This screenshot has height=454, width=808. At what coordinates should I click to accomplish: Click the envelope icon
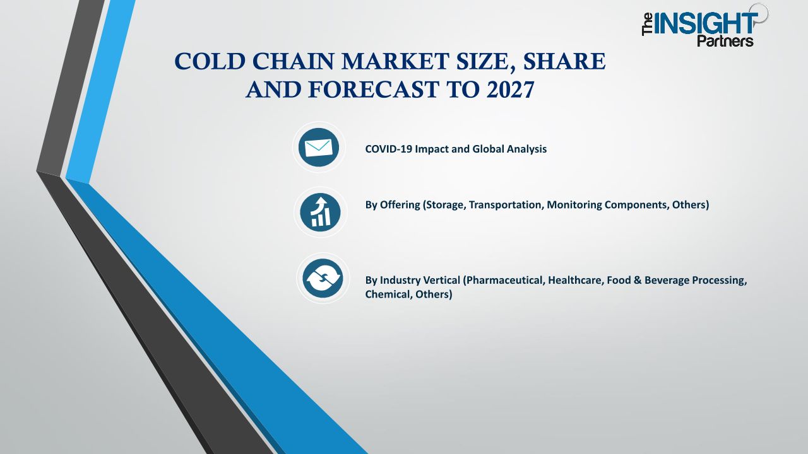319,148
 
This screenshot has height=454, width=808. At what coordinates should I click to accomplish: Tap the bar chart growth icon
320,212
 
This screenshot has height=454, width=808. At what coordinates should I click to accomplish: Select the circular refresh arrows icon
323,278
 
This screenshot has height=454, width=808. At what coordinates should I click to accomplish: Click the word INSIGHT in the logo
706,24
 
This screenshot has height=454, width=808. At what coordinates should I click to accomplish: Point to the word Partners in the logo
725,41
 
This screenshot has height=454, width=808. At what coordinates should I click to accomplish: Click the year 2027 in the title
510,90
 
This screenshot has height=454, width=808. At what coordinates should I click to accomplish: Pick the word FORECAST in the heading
373,90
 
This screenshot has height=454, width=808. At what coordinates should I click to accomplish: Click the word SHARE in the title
564,61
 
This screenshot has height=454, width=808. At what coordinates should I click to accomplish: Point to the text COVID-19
388,149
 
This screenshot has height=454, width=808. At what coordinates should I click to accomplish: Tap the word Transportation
506,205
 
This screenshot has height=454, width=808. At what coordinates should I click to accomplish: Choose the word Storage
445,205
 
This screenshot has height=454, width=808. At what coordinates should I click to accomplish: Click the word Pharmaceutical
503,280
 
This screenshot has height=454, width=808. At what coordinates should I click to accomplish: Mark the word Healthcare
576,280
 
